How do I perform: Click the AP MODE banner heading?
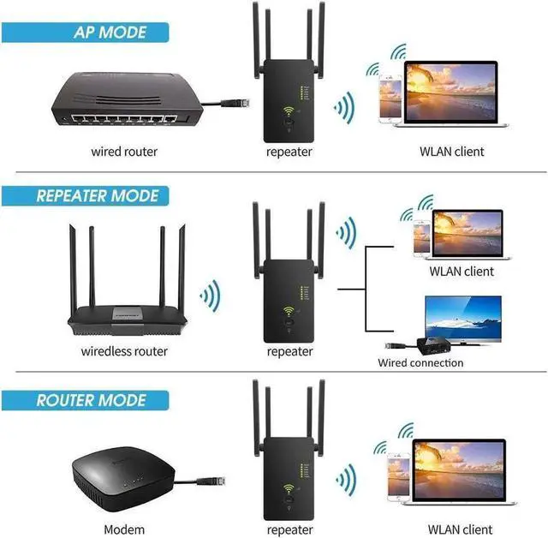(110, 33)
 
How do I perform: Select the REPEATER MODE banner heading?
(98, 196)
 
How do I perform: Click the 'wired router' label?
(124, 152)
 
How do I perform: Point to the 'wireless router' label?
(124, 351)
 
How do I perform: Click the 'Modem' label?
(124, 529)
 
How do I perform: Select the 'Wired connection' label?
(420, 363)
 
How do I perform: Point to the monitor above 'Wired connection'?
(463, 316)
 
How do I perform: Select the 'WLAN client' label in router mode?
(456, 529)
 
